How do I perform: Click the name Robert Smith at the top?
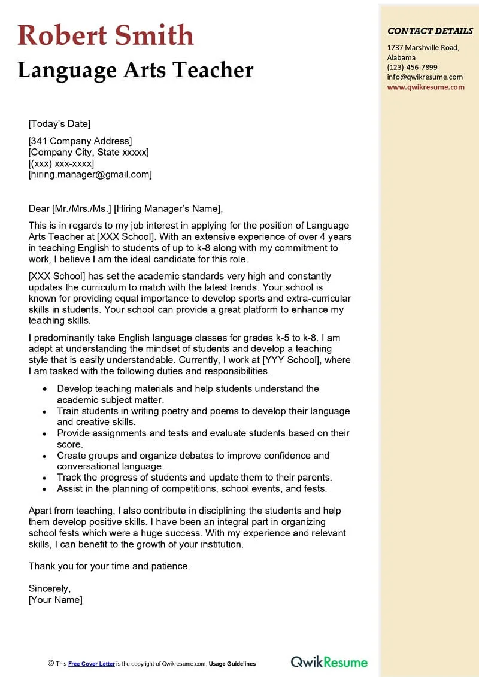coord(106,35)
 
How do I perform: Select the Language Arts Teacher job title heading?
coord(135,70)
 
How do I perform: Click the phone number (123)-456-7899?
coord(412,67)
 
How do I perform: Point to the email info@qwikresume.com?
coord(425,77)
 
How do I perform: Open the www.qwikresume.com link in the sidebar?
coord(425,87)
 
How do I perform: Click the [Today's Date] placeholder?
coord(59,124)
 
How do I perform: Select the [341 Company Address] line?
coord(80,141)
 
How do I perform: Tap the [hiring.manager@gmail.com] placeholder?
coord(90,175)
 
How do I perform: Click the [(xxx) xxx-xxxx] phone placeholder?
coord(61,163)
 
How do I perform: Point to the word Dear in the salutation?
coord(39,209)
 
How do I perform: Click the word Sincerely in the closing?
coord(49,588)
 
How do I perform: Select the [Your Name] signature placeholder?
coord(55,600)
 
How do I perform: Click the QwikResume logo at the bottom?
coord(329,661)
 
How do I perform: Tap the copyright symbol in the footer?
coord(51,664)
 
